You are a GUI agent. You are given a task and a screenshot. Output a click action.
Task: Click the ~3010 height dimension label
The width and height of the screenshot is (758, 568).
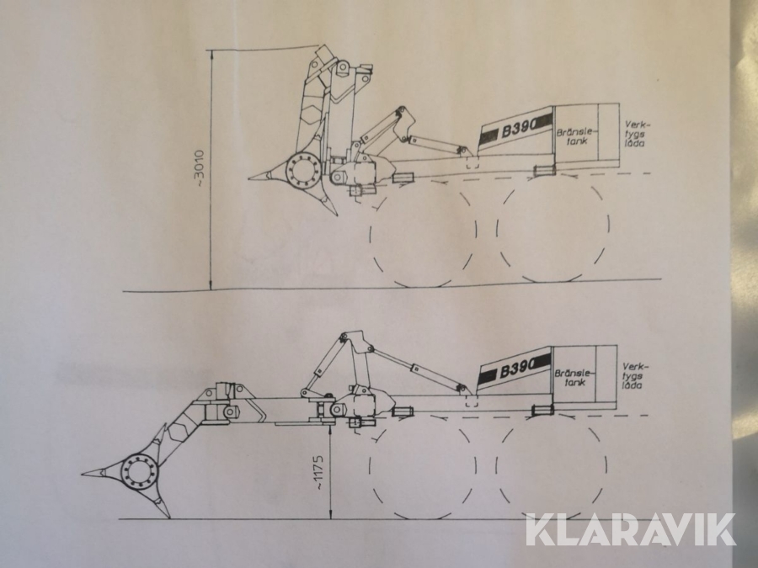[199, 171]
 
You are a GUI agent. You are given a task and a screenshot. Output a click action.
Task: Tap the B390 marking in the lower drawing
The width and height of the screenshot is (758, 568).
[515, 370]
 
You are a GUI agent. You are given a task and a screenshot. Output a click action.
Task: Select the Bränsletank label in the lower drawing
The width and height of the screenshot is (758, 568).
[574, 377]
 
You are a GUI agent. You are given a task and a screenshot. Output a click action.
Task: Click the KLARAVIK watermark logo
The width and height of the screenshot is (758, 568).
[630, 530]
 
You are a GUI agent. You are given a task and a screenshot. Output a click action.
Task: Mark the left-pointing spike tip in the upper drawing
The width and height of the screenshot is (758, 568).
[249, 179]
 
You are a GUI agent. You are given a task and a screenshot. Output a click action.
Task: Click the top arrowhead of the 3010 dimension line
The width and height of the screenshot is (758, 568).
[211, 52]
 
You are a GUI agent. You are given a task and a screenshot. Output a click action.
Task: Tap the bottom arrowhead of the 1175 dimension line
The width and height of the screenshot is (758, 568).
[330, 517]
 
